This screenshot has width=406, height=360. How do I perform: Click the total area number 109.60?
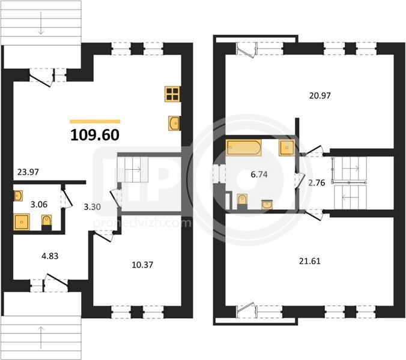pos(95,135)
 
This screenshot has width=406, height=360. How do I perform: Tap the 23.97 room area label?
pos(28,172)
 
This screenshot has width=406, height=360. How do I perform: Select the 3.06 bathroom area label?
pos(39,205)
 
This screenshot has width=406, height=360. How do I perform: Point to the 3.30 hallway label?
pos(92,206)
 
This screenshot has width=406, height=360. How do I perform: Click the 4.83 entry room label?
pos(50,256)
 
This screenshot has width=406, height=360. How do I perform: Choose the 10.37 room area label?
pos(142,265)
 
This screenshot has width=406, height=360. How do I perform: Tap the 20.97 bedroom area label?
pos(320,95)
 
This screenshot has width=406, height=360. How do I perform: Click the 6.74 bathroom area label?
pos(259,175)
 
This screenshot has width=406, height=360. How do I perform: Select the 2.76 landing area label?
pos(317,183)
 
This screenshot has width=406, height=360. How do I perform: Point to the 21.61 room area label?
pos(310,261)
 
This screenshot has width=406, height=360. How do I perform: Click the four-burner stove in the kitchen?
pos(173,94)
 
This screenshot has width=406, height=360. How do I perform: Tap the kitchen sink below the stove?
pos(174,124)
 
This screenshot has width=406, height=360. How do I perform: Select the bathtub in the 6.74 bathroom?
pos(244,148)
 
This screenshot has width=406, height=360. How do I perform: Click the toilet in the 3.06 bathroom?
pos(47,222)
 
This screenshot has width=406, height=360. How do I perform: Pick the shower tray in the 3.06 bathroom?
pos(22,222)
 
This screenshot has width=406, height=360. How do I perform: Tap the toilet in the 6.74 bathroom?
pos(242,202)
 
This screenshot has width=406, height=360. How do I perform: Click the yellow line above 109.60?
pos(95,122)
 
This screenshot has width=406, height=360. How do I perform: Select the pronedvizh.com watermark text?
pos(142,223)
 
